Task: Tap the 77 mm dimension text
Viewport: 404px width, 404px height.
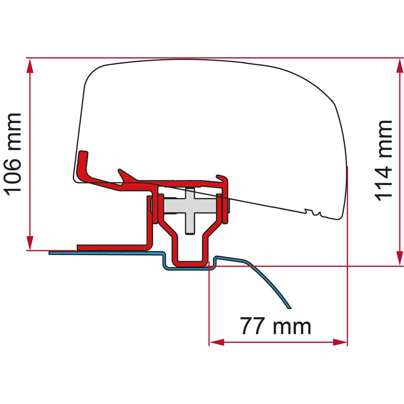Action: (x=275, y=326)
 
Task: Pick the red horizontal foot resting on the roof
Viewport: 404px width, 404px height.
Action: (x=111, y=248)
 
